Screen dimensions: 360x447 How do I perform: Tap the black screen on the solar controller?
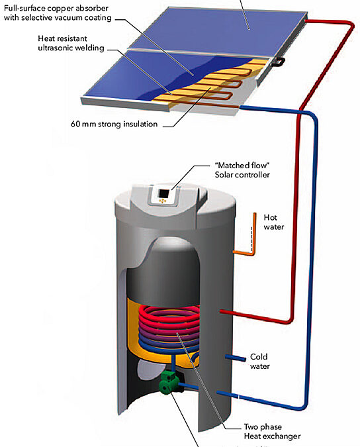[163, 193]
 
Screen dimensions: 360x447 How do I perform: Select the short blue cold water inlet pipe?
[235, 358]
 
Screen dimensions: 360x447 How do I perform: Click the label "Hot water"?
[274, 222]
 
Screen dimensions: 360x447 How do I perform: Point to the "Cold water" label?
[259, 361]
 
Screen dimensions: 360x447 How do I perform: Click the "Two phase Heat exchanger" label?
[272, 431]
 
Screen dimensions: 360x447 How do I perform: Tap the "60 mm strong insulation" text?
[114, 124]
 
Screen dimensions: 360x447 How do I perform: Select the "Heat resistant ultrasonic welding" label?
[71, 43]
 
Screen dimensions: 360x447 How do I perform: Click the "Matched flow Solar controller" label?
[242, 170]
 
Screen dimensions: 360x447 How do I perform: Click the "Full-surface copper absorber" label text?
[56, 8]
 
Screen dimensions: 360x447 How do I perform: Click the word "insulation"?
[140, 124]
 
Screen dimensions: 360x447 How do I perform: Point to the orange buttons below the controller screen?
[162, 201]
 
